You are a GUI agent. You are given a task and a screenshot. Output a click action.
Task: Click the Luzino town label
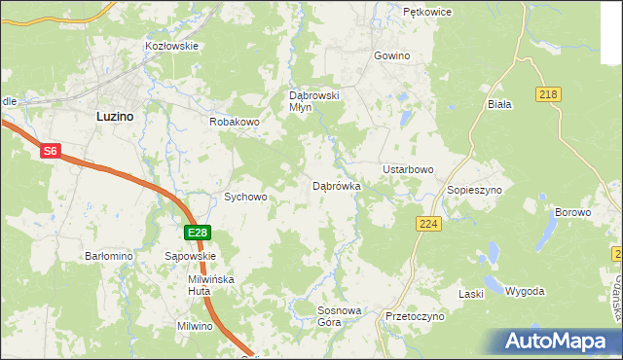[x=115, y=115]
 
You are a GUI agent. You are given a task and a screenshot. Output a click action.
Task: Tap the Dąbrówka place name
[x=337, y=186]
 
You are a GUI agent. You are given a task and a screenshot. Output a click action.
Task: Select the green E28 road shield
[x=198, y=232]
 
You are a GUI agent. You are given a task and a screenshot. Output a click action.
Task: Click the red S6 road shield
[x=52, y=151]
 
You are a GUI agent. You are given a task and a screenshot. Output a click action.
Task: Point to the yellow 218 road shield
[x=547, y=93]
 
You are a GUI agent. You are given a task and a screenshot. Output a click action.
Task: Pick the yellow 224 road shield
[x=426, y=224]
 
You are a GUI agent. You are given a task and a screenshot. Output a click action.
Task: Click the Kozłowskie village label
[x=171, y=46]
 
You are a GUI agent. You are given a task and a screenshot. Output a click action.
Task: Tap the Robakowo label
[x=233, y=123]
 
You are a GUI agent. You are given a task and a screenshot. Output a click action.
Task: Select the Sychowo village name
[x=245, y=197]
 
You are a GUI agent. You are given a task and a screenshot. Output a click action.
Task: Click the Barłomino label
[x=108, y=256]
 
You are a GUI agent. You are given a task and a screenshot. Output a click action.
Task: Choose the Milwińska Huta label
[x=211, y=284]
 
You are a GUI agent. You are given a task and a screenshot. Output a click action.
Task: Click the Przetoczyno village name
[x=415, y=316]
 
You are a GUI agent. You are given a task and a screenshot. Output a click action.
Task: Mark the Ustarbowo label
[x=408, y=169]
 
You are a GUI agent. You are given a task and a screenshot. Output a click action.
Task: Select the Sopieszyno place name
[x=474, y=190]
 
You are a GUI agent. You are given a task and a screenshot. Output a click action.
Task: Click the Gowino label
[x=391, y=56]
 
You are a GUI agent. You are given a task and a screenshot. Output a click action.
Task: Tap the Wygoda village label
[x=526, y=292]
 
